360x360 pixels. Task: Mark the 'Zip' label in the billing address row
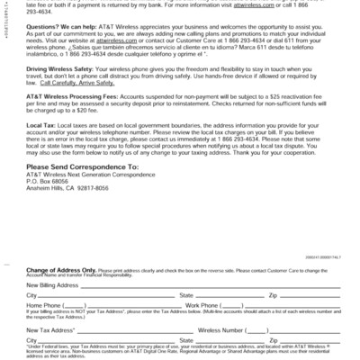tap(273, 294)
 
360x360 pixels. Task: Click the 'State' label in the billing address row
tap(186, 294)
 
